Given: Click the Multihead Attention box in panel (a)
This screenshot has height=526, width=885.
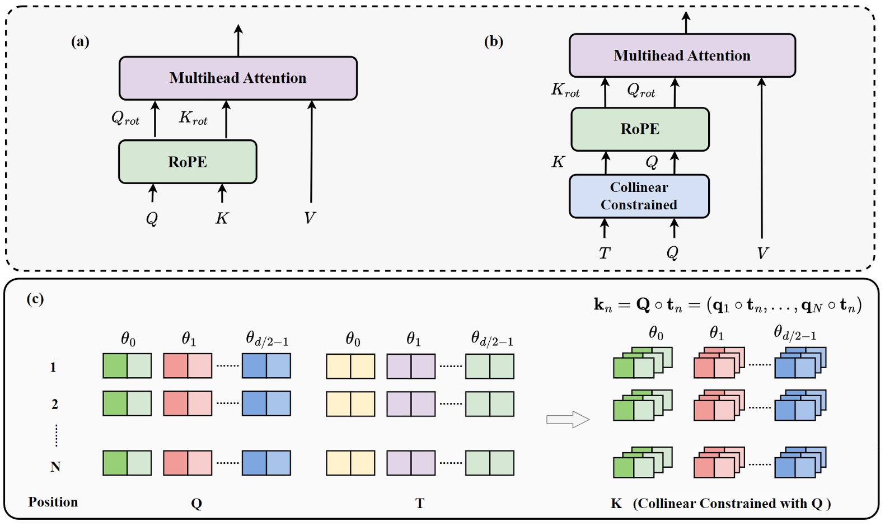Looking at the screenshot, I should coord(238,78).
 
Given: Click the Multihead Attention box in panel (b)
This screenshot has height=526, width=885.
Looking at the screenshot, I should coord(682,55).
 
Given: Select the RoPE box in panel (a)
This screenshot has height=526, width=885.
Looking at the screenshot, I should coord(188,162).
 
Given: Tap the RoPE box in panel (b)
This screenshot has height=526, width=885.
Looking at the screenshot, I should coord(640,129).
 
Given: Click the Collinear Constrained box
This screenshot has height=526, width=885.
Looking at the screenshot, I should coord(639,196).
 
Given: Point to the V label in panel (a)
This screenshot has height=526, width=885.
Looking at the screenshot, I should coord(310,218).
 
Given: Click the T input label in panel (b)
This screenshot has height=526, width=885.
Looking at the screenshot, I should coord(604,253).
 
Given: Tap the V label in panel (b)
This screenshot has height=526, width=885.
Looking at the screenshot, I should coord(762,253).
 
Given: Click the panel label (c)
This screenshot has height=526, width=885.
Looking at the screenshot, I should coord(35,299).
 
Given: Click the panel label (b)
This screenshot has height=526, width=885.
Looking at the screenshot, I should coord(493,42).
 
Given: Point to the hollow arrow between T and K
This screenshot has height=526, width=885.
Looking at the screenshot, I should coord(568,419).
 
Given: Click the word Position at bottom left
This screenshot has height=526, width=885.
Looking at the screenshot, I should coord(53,502).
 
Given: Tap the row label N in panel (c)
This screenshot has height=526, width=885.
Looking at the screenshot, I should coord(55,467).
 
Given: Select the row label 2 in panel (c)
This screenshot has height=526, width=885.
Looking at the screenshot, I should coord(55,404).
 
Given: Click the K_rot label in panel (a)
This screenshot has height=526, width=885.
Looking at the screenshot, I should coord(193,118).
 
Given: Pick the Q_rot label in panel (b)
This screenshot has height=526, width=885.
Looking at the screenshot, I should coord(641,90).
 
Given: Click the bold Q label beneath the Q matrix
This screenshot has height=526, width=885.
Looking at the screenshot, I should coord(196,503).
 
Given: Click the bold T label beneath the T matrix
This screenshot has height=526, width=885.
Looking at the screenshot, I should coord(420,503).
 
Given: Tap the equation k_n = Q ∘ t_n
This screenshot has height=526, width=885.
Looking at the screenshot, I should coord(727,305).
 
